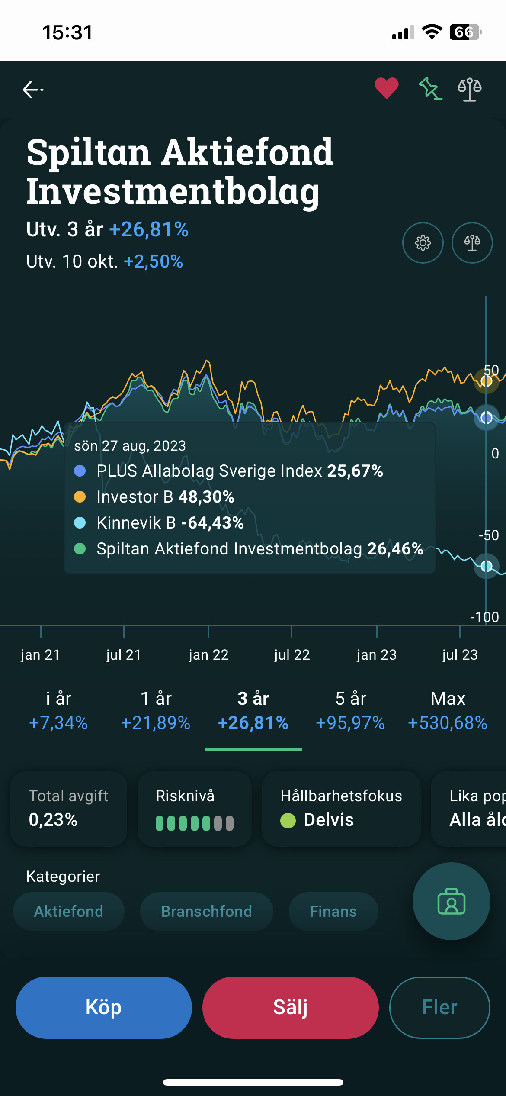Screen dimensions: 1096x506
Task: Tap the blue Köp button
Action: [x=104, y=1007]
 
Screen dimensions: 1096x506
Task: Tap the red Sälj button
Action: [x=290, y=1007]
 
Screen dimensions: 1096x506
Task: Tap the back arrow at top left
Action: [x=33, y=90]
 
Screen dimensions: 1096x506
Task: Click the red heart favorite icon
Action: [x=386, y=88]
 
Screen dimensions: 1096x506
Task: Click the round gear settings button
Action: [x=423, y=243]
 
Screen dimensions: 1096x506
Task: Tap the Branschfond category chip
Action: [x=206, y=911]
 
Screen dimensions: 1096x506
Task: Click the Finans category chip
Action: [x=333, y=911]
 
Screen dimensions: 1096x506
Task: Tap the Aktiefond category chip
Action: [x=69, y=911]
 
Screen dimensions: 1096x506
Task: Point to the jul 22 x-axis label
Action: [x=292, y=654]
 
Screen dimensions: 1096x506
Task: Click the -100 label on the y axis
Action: [x=484, y=617]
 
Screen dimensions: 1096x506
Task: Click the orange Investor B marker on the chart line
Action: [x=487, y=381]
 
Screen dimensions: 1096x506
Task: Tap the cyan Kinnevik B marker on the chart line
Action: [x=487, y=566]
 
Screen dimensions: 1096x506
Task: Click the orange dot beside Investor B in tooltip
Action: [x=80, y=497]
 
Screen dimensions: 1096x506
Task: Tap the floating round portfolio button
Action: [x=451, y=901]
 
